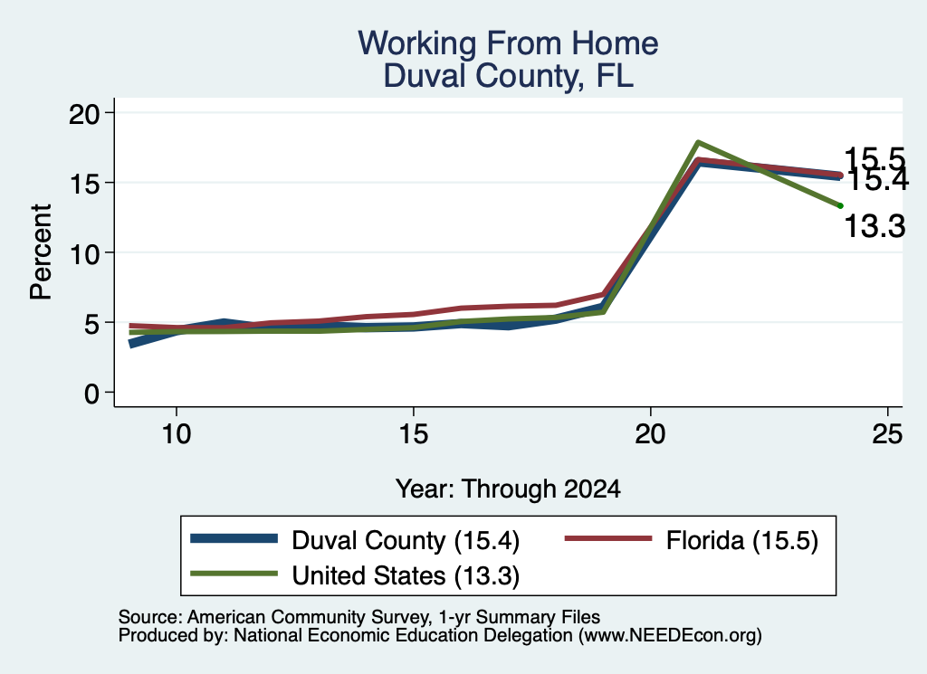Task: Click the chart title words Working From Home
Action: [x=508, y=43]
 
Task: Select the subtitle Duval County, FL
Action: [x=508, y=76]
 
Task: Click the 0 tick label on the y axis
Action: [x=91, y=394]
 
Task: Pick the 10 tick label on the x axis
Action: [x=177, y=434]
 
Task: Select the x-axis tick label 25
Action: [x=887, y=434]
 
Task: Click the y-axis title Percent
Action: [x=41, y=252]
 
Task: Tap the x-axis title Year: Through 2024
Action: [x=508, y=489]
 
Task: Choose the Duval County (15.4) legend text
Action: [x=406, y=540]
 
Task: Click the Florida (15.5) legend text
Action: [x=742, y=540]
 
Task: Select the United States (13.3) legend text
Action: [x=406, y=576]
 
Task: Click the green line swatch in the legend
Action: [x=234, y=574]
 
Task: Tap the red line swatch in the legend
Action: [x=608, y=538]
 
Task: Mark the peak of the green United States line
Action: [x=698, y=142]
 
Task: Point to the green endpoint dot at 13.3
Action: [x=840, y=205]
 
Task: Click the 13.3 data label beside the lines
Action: [x=874, y=226]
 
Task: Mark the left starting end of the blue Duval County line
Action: [x=131, y=343]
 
